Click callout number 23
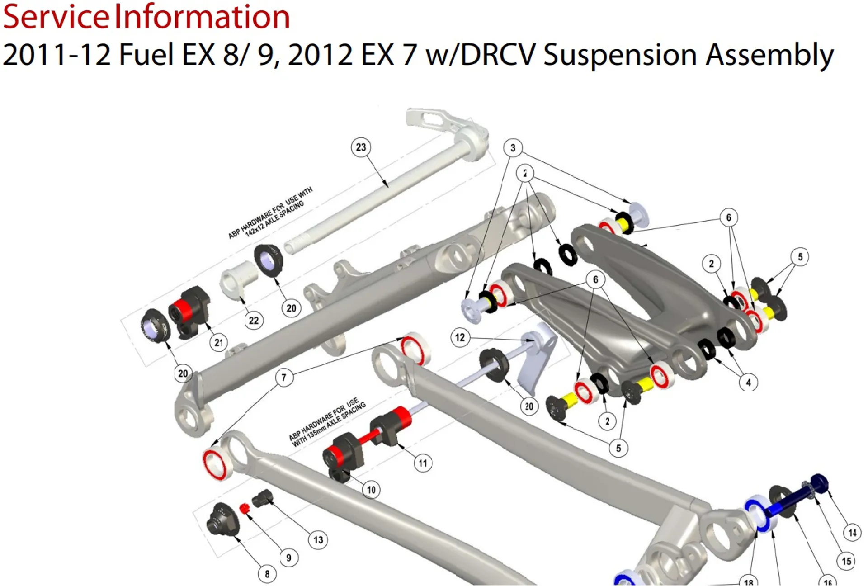(361, 147)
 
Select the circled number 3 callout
(513, 148)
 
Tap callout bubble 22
(254, 321)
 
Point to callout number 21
(219, 343)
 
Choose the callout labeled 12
(460, 337)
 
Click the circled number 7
(284, 377)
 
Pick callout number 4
(748, 383)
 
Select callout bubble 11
(423, 463)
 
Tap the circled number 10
(371, 490)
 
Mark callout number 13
(318, 540)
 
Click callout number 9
(289, 558)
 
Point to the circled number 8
(267, 574)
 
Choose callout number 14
(852, 533)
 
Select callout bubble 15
(846, 561)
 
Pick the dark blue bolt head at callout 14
(819, 482)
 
